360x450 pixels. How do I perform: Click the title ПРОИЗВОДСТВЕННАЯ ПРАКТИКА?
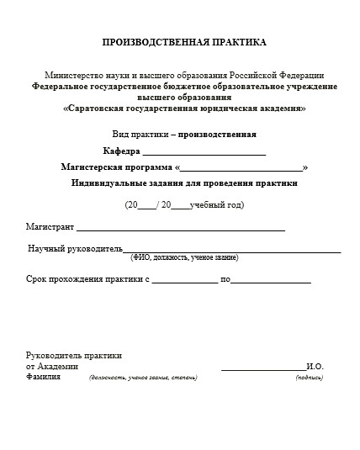click(183, 42)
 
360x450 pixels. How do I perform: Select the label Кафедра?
click(121, 151)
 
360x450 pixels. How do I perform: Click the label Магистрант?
click(50, 227)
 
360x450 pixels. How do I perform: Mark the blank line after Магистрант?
click(181, 229)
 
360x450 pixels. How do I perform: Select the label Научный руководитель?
click(75, 249)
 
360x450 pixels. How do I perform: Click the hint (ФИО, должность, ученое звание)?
click(183, 257)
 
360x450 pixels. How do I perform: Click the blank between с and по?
click(184, 281)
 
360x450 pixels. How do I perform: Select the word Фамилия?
click(44, 378)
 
